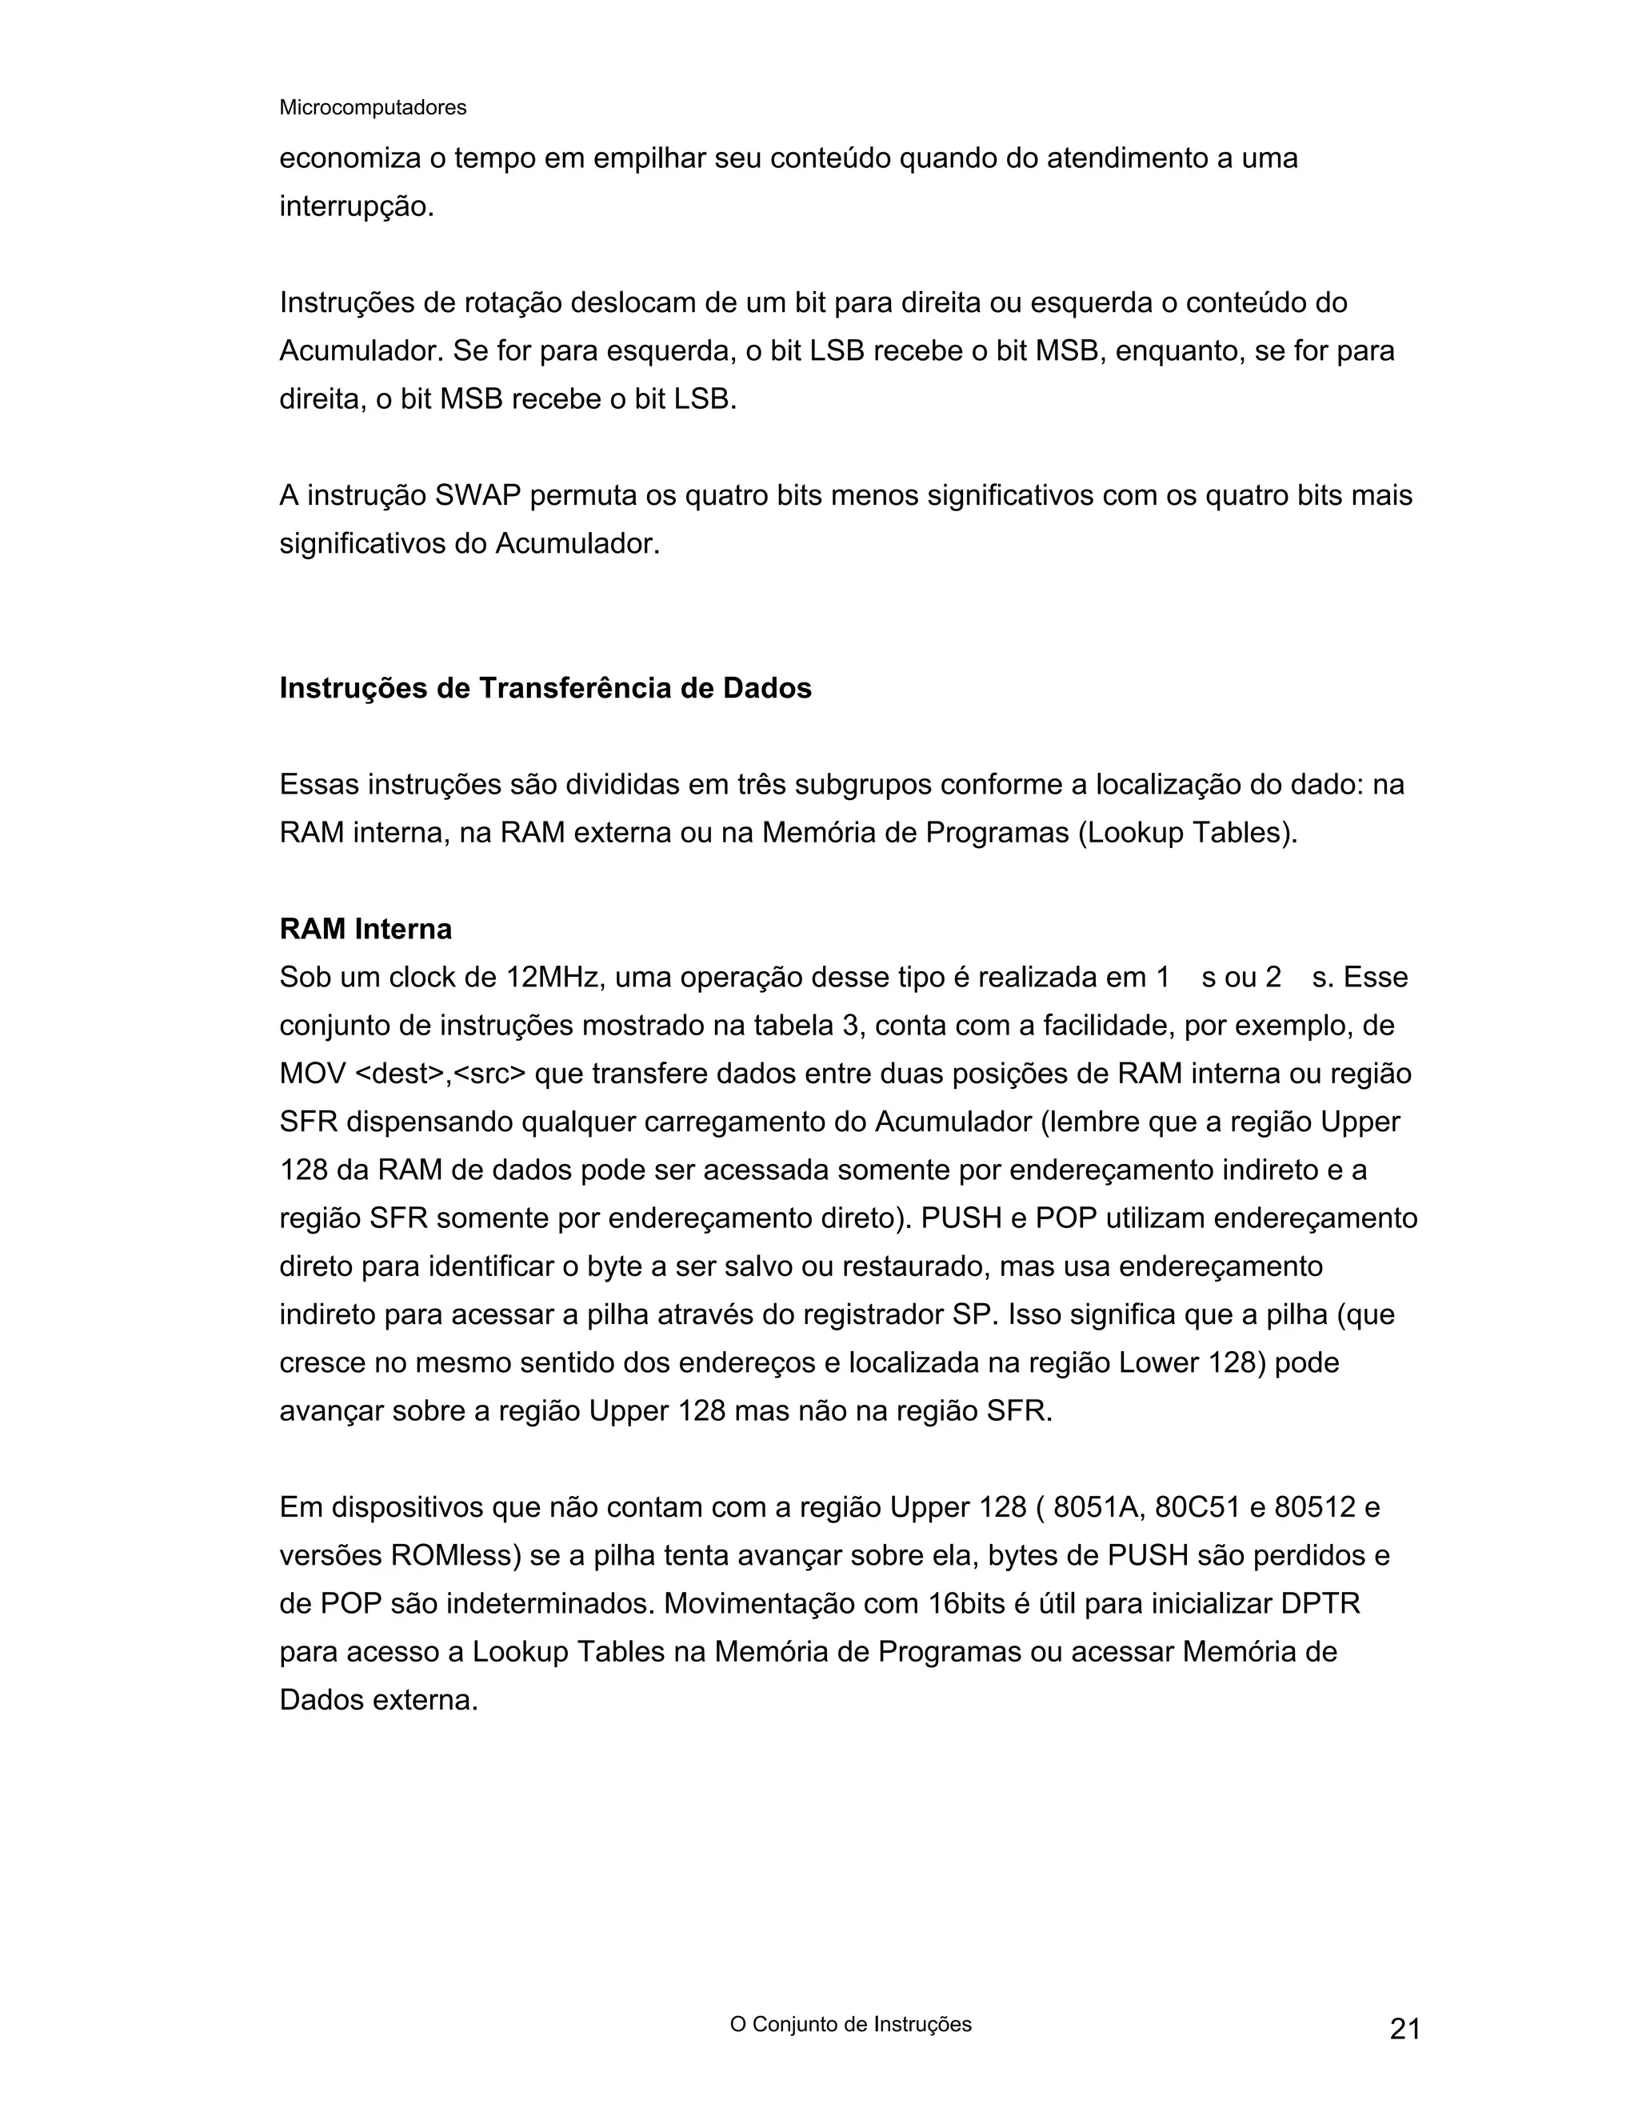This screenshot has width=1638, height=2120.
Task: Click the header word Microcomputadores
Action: [x=373, y=108]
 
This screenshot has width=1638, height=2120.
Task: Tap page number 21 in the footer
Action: [x=1405, y=2029]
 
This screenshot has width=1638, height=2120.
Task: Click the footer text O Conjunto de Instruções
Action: [x=850, y=2024]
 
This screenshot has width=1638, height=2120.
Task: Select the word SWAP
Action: [x=477, y=496]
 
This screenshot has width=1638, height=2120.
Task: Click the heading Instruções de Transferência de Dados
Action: [x=545, y=688]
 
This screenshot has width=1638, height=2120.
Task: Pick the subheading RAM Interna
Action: [x=366, y=929]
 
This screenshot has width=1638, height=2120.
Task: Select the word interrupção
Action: [x=355, y=206]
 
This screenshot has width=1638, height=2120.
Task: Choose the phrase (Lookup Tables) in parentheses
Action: [x=1188, y=833]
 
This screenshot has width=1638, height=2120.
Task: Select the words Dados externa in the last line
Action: [x=378, y=1701]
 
